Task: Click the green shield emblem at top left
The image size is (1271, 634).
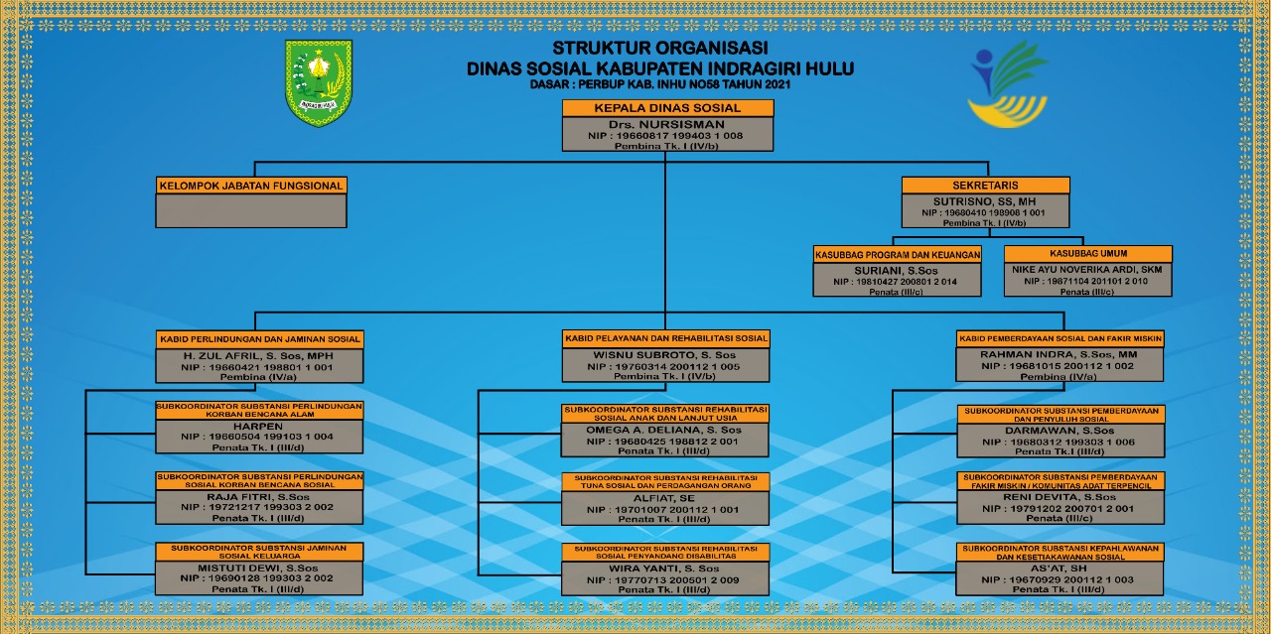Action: coord(319,82)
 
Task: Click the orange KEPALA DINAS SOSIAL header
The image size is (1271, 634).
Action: coord(667,108)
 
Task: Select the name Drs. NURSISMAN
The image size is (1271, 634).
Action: coord(667,124)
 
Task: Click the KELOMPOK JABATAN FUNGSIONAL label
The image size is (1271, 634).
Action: coord(251,186)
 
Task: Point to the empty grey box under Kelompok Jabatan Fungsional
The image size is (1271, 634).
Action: coord(251,210)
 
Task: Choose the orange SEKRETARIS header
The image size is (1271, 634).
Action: coord(986,186)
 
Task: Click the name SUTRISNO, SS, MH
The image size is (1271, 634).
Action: coord(986,200)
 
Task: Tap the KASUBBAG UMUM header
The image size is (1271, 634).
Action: coord(1088,254)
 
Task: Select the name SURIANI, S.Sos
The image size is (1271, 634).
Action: coord(897,269)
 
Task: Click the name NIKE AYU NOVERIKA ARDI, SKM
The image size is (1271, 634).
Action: coord(1088,269)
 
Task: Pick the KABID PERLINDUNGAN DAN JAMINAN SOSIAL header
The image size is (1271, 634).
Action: coord(260,339)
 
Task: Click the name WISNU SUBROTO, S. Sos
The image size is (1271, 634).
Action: coord(665,354)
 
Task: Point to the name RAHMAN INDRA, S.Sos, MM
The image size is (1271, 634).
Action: coord(1059,354)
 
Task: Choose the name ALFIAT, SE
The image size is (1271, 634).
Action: coord(664,498)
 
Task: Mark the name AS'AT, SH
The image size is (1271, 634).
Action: coord(1060,568)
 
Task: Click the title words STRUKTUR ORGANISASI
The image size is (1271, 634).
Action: coord(660,49)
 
